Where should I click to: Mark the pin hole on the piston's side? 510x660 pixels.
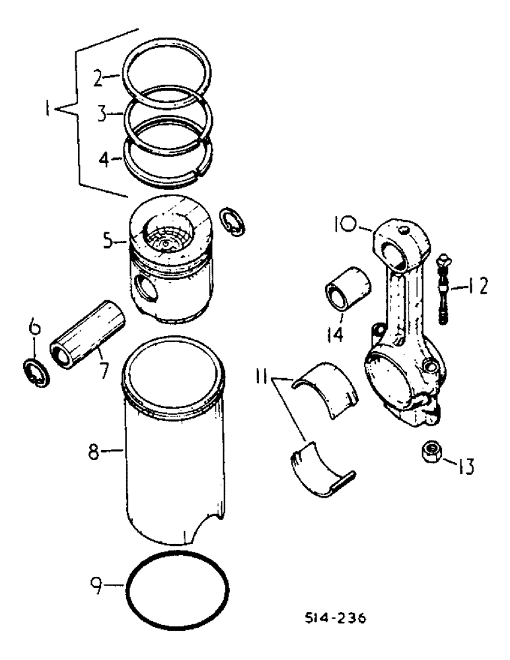[x=145, y=288]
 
